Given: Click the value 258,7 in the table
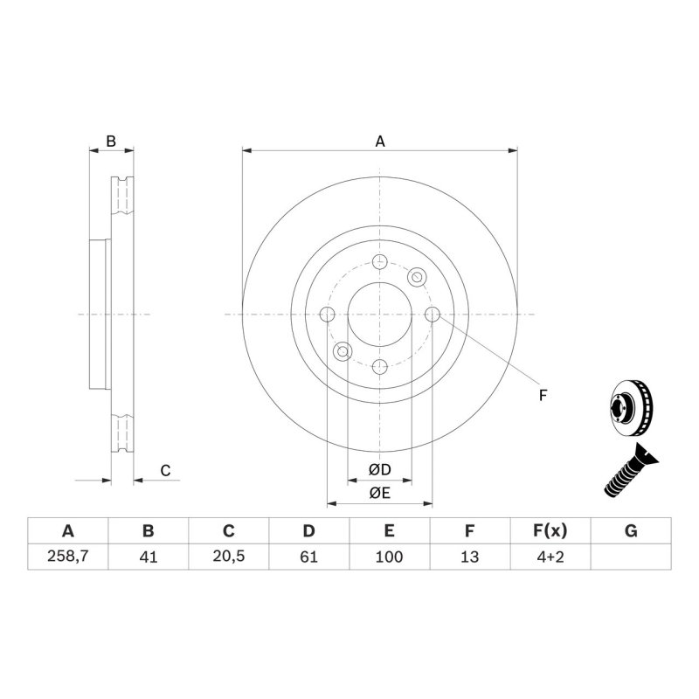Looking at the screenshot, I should pyautogui.click(x=67, y=557).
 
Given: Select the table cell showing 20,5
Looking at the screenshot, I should pyautogui.click(x=228, y=557).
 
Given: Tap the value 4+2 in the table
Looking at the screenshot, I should pyautogui.click(x=550, y=557).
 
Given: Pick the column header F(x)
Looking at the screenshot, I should pyautogui.click(x=550, y=531).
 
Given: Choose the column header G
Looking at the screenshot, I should pyautogui.click(x=631, y=531).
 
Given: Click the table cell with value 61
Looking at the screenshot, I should pyautogui.click(x=308, y=557).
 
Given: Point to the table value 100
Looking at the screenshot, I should pyautogui.click(x=390, y=557).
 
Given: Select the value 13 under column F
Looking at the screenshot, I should pyautogui.click(x=470, y=557).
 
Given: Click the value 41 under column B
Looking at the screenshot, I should pyautogui.click(x=148, y=557).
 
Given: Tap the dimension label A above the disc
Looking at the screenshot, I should pyautogui.click(x=380, y=141).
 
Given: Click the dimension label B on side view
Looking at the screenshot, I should pyautogui.click(x=111, y=141).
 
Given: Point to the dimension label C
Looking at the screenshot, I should pyautogui.click(x=164, y=471).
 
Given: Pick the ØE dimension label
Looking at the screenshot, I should pyautogui.click(x=379, y=494).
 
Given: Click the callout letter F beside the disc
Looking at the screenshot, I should pyautogui.click(x=542, y=396).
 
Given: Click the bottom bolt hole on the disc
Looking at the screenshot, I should pyautogui.click(x=380, y=367).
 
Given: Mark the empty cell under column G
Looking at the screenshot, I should pyautogui.click(x=631, y=557).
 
